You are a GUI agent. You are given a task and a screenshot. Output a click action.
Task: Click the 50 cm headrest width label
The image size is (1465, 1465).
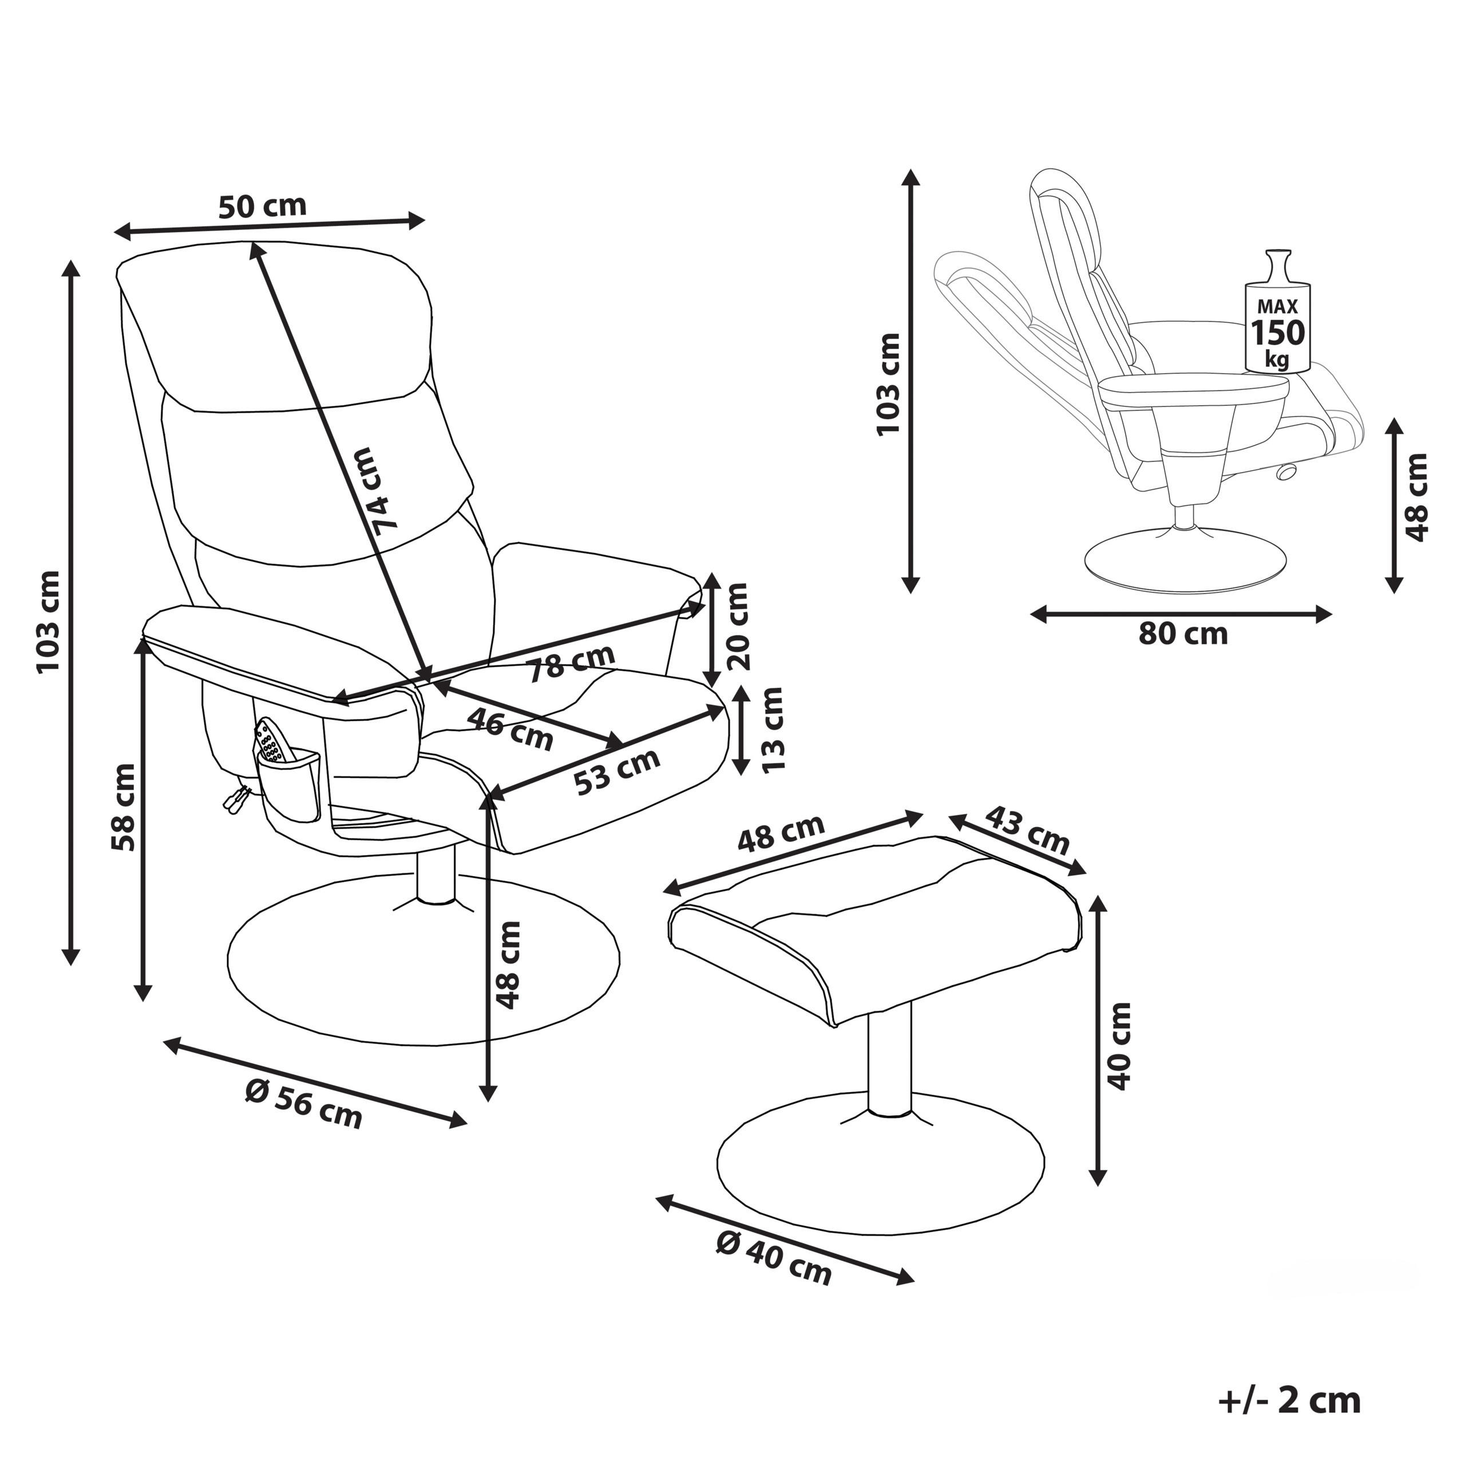click(x=262, y=205)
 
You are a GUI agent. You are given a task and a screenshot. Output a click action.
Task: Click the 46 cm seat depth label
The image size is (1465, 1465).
click(x=509, y=728)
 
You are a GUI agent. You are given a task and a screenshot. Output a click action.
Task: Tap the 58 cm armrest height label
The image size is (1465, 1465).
click(x=123, y=807)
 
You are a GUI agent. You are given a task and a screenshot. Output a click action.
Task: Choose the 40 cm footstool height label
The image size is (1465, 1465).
click(x=1119, y=1047)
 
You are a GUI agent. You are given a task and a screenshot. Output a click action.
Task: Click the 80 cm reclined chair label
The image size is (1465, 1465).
click(x=1182, y=633)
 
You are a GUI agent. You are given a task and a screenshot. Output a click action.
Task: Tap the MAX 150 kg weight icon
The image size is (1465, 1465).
click(x=1278, y=319)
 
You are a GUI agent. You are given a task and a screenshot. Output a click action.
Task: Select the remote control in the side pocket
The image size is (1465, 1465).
click(x=269, y=742)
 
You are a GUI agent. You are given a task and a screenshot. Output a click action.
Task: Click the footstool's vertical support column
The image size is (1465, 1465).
click(x=889, y=1062)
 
